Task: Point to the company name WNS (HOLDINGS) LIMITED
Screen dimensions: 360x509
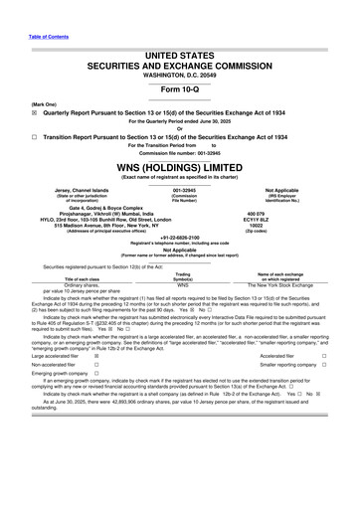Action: [180, 170]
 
